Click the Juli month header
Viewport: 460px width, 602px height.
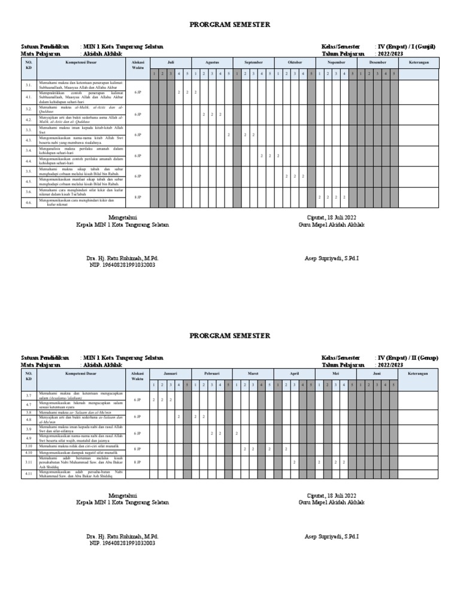click(170, 62)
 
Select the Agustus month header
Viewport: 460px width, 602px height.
click(212, 62)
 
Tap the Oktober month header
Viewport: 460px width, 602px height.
click(295, 62)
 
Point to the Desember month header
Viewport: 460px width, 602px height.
click(377, 62)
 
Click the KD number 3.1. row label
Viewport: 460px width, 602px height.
click(29, 85)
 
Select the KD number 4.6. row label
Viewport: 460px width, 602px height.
click(29, 203)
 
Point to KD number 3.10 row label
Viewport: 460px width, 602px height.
click(29, 446)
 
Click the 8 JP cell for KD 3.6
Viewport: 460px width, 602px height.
click(138, 197)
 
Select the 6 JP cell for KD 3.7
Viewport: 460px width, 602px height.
click(138, 400)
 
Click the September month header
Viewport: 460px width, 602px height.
click(253, 62)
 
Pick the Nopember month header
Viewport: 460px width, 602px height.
click(336, 62)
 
